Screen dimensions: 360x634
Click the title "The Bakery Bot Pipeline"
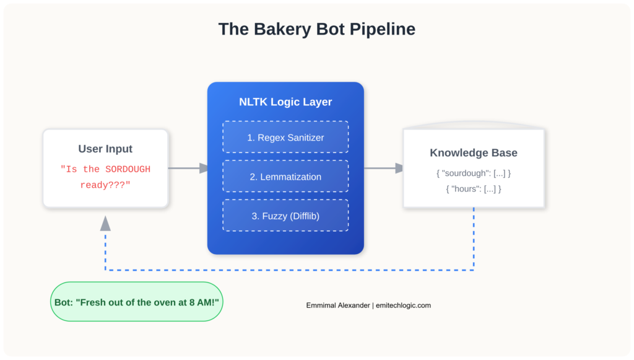point(316,29)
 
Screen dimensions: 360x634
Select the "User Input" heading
point(105,149)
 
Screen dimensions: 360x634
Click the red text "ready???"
point(105,185)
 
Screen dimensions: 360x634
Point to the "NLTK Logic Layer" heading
point(285,102)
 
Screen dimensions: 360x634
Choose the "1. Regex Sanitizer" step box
point(285,138)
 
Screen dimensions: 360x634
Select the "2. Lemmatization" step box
point(285,177)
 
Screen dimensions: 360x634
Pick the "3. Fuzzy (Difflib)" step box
point(285,216)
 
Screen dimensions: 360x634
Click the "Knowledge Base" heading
point(474,153)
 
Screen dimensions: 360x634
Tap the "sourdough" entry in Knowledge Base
point(474,173)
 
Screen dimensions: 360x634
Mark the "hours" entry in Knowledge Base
point(474,189)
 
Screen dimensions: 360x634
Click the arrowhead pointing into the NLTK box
point(204,168)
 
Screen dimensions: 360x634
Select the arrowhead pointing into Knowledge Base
point(399,168)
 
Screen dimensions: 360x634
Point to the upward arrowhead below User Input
point(106,223)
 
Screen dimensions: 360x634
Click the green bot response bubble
point(136,302)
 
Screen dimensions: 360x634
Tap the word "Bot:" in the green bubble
point(64,302)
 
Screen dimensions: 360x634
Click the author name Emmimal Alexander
point(337,305)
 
